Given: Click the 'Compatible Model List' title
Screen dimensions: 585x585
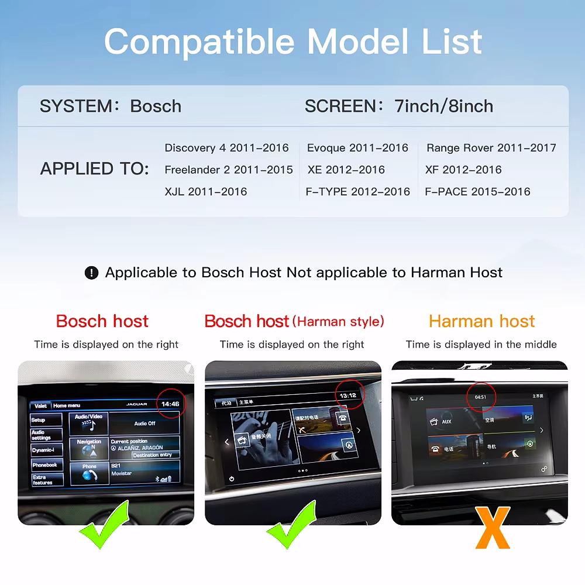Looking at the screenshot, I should click(292, 42).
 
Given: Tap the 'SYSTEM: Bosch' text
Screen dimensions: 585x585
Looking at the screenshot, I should click(111, 106).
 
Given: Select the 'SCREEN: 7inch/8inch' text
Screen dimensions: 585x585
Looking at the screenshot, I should click(398, 106).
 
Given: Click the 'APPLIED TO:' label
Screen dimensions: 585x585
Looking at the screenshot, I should click(95, 169).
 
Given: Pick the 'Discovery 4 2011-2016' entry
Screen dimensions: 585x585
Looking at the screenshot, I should click(226, 148).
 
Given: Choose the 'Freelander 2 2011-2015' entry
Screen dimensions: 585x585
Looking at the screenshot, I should click(229, 170).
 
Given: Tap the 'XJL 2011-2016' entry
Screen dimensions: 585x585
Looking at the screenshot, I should click(205, 191).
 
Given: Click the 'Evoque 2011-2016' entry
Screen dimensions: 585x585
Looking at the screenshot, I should click(357, 148).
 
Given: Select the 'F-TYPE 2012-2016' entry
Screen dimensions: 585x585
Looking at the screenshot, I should click(357, 191).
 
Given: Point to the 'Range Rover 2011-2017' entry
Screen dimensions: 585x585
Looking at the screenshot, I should click(491, 148).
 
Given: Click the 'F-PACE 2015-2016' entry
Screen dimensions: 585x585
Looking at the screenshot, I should click(477, 191).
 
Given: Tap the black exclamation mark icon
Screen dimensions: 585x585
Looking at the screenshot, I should click(91, 273).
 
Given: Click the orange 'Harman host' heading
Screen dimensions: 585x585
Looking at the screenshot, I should click(481, 321).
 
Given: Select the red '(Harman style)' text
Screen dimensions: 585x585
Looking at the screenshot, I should click(338, 321).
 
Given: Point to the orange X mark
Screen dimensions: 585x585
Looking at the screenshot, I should click(493, 528).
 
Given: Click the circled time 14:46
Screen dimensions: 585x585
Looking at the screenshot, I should click(170, 404).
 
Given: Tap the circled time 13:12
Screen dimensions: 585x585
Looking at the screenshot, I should click(347, 395).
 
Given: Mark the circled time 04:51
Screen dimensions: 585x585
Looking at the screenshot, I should click(480, 397).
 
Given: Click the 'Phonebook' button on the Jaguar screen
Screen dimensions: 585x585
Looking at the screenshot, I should click(46, 465).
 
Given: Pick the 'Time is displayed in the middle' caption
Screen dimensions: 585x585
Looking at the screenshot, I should click(481, 345).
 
